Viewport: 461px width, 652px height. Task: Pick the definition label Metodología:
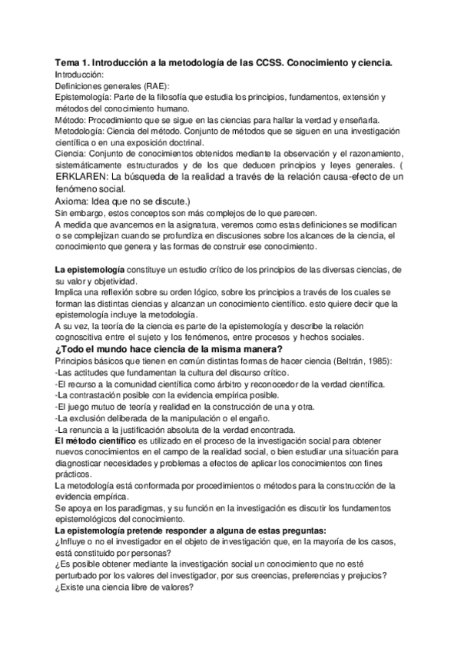(x=82, y=131)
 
